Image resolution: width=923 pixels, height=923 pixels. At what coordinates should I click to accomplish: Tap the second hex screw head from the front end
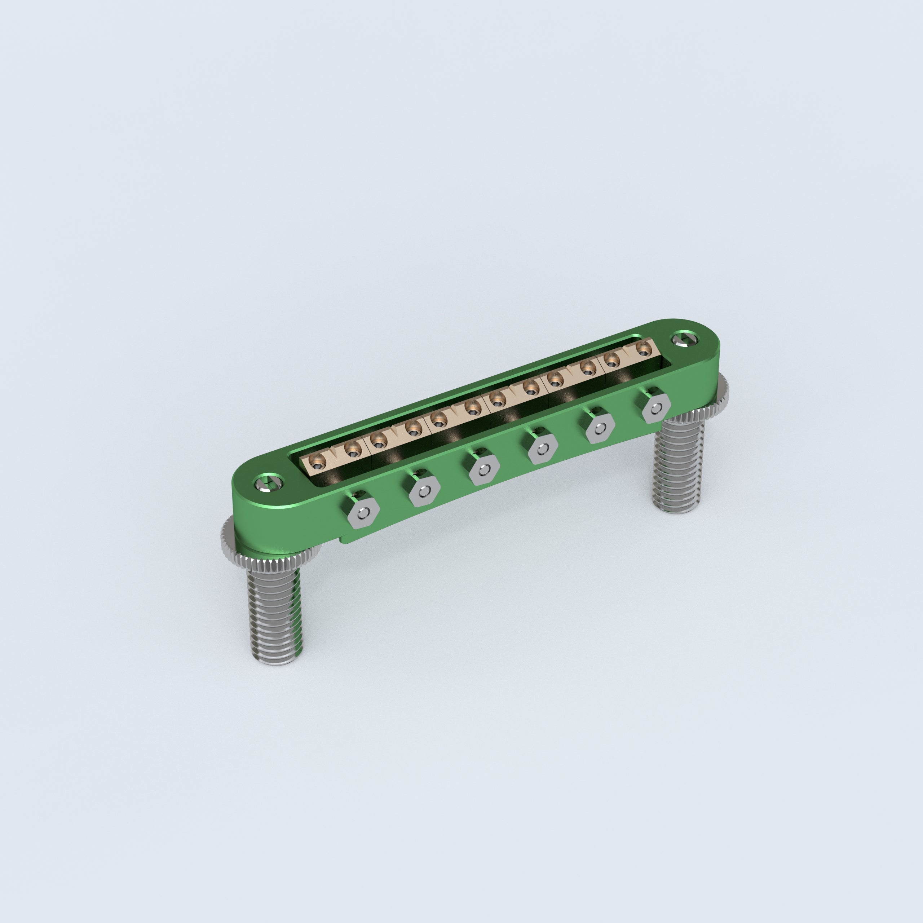[424, 491]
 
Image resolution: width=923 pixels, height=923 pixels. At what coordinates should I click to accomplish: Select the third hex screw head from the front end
[483, 471]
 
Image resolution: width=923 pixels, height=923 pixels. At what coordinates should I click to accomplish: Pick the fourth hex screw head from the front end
[543, 450]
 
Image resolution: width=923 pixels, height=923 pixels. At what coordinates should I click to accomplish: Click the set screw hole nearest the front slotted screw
[317, 461]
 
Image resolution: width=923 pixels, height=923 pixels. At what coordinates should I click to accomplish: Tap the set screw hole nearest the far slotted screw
[644, 350]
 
